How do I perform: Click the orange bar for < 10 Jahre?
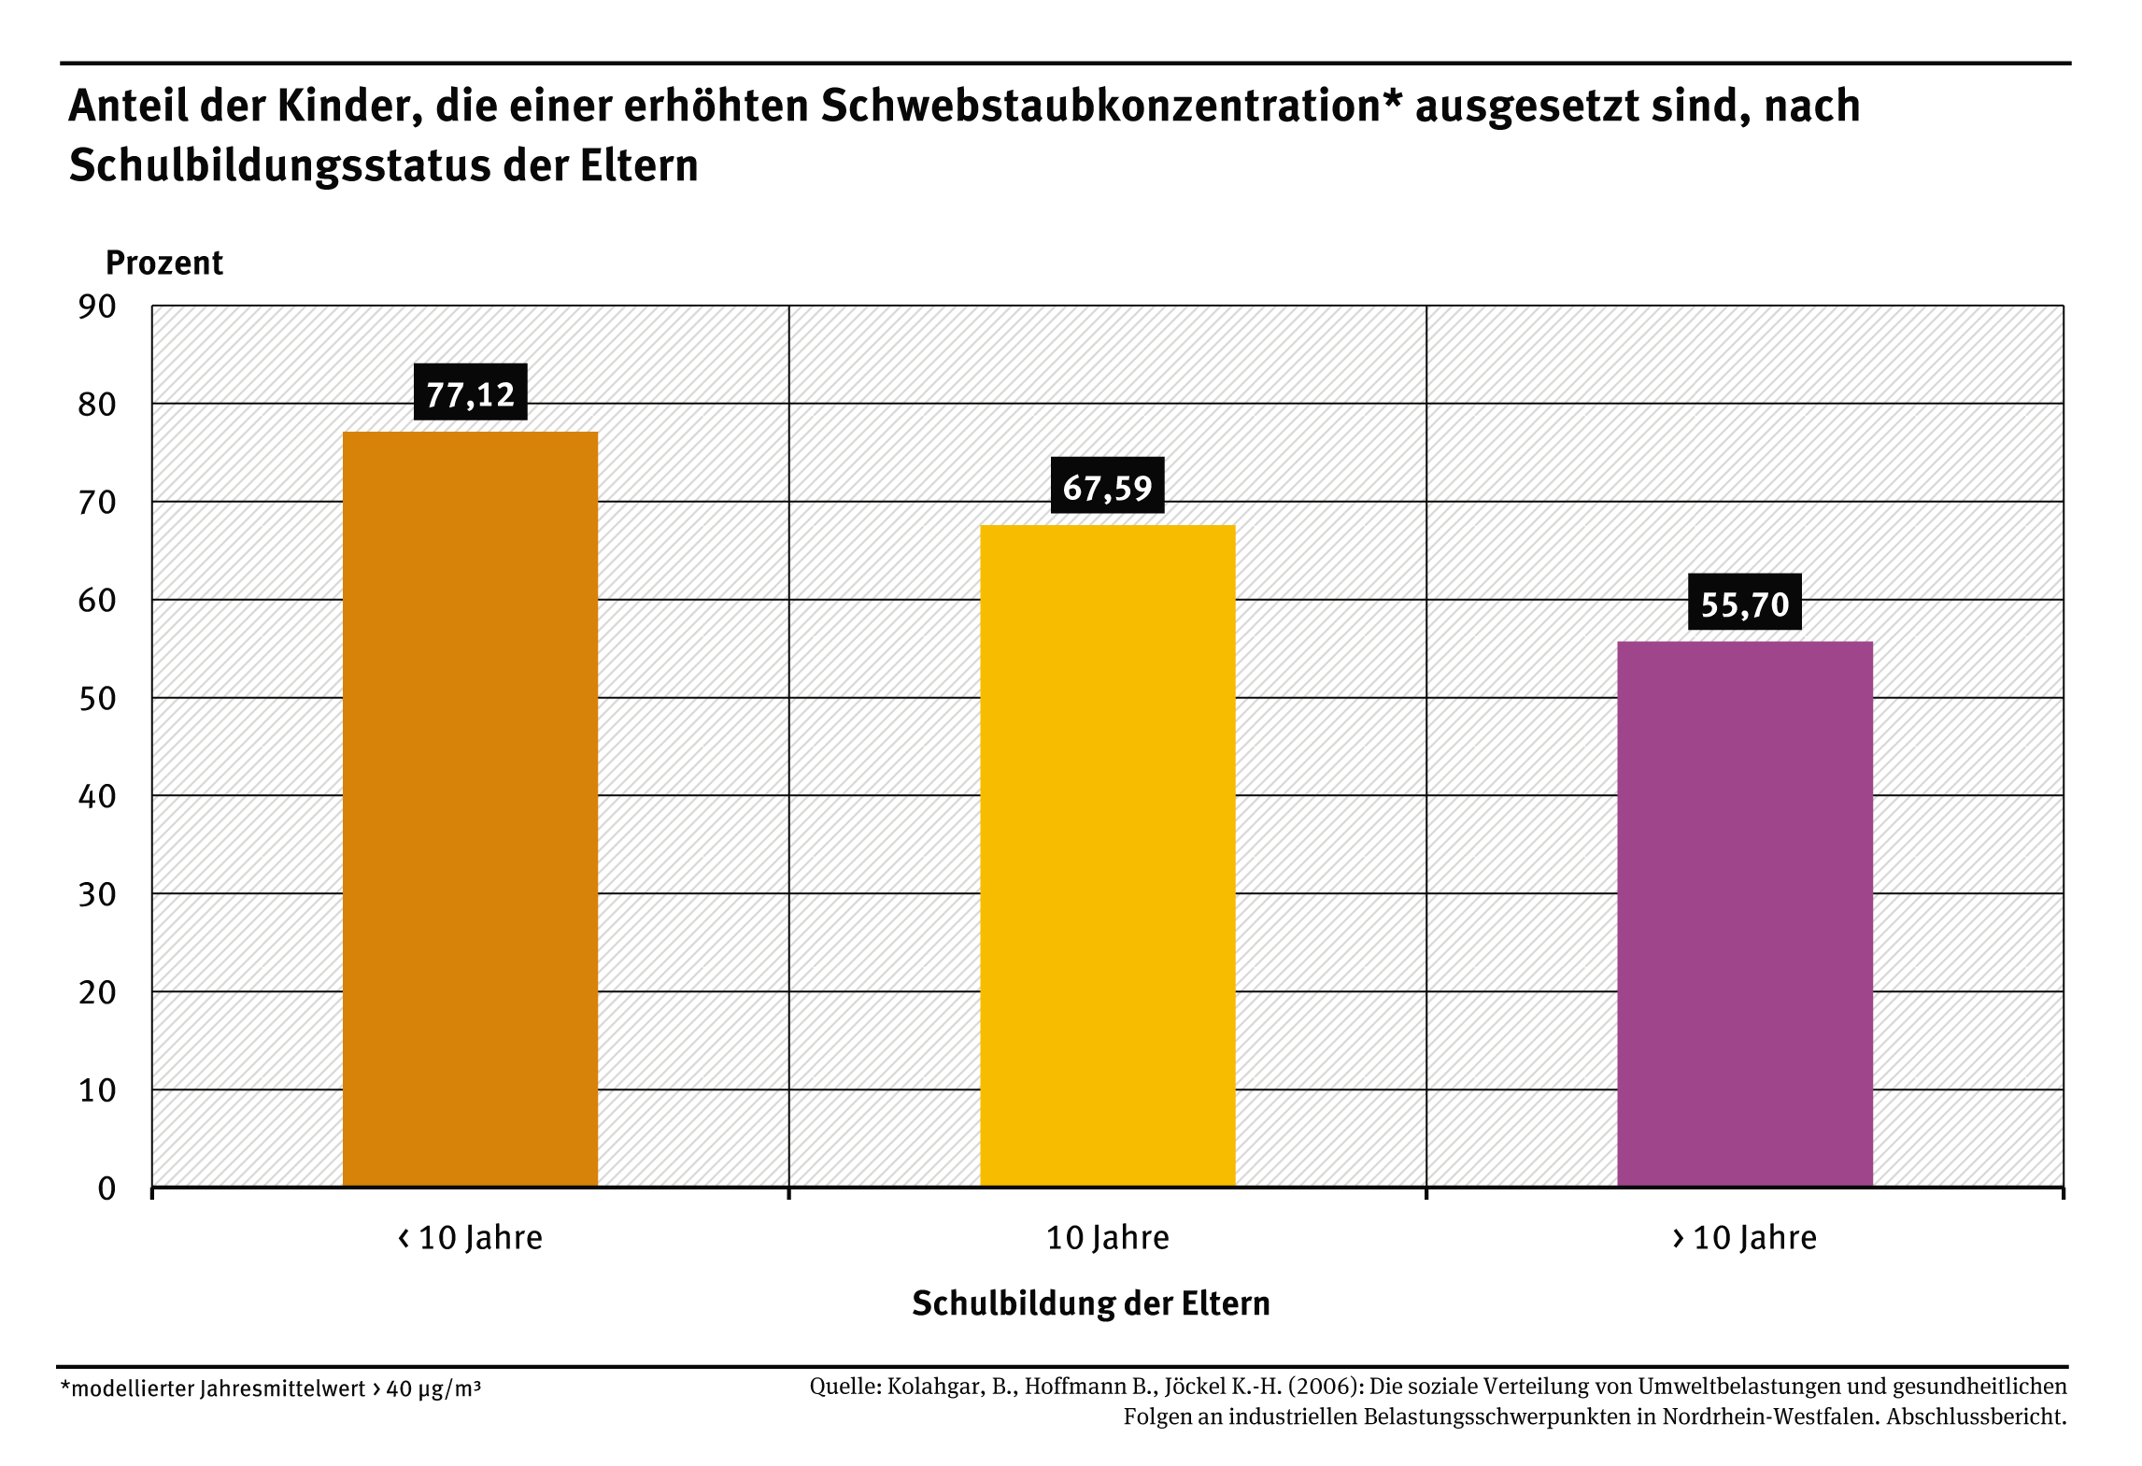[x=470, y=808]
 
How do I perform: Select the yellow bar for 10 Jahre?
[x=1107, y=855]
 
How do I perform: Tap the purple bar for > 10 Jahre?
[x=1744, y=913]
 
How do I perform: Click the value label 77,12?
[x=470, y=393]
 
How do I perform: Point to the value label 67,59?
[x=1107, y=487]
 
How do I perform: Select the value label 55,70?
[x=1744, y=604]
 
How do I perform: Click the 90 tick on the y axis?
[x=97, y=306]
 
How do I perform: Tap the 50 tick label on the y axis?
[x=97, y=699]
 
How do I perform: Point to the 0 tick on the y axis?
[x=106, y=1188]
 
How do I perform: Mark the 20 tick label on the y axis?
[x=97, y=992]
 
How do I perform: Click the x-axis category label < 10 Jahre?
[x=470, y=1238]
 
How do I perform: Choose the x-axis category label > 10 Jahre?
[x=1744, y=1238]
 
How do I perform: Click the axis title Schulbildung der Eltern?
[x=1090, y=1303]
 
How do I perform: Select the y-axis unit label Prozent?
[x=163, y=263]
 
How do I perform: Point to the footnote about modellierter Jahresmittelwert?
[x=271, y=1388]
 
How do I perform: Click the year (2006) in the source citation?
[x=1324, y=1386]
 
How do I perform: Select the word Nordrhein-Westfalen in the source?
[x=1769, y=1416]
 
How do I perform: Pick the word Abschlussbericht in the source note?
[x=1976, y=1416]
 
